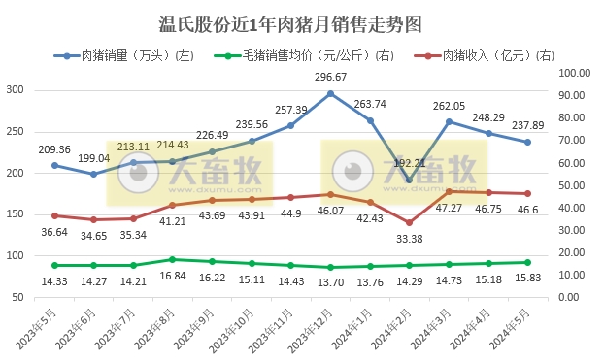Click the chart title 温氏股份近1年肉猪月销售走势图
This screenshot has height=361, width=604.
[292, 22]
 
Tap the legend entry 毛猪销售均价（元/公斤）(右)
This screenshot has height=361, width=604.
[310, 56]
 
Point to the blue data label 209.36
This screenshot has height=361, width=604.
[54, 149]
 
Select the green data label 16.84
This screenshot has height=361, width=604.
[173, 275]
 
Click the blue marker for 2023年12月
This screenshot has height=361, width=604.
[330, 94]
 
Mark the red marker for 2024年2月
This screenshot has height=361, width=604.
[410, 223]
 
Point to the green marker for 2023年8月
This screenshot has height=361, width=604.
[173, 259]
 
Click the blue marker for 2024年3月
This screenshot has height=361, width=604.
[449, 122]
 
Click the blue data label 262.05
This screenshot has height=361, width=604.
[449, 106]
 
